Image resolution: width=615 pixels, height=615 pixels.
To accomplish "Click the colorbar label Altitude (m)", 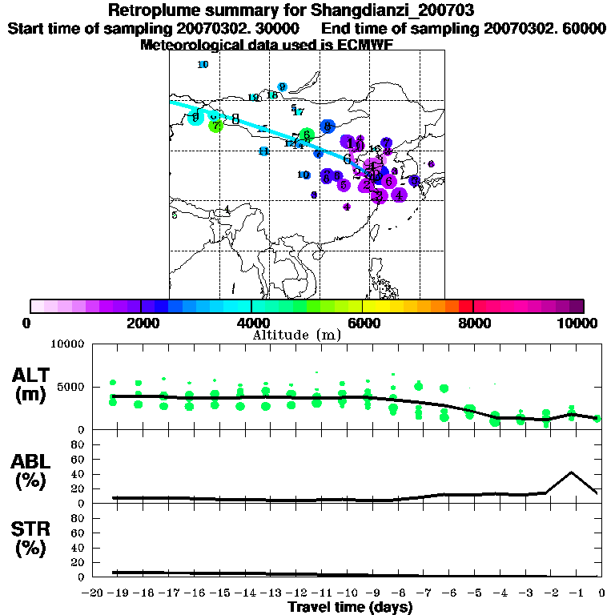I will point(296,335).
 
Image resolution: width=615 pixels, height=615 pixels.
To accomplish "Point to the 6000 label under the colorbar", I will point(364,323).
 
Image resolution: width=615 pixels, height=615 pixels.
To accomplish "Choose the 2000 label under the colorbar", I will point(141,323).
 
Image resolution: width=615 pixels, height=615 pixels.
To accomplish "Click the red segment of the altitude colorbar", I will point(466,306).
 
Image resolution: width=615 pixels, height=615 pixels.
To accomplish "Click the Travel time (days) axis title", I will point(350,608).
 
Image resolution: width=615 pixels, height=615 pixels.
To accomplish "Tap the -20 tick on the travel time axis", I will point(94,593).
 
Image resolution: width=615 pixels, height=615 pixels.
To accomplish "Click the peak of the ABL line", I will point(572,472).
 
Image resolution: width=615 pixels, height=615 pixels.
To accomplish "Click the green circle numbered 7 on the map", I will point(215,126).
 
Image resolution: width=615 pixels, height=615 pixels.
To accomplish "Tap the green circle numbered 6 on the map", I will point(306,135).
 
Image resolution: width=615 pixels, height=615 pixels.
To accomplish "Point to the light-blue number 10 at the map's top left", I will point(203,65).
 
